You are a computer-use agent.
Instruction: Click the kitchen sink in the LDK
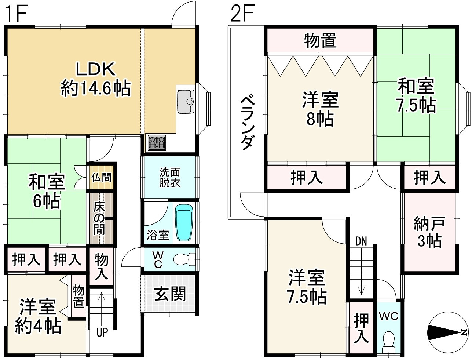pyautogui.click(x=186, y=101)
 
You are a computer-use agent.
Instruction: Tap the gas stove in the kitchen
pyautogui.click(x=157, y=142)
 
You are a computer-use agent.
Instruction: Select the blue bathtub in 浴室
pyautogui.click(x=184, y=222)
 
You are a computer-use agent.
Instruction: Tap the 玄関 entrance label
pyautogui.click(x=170, y=294)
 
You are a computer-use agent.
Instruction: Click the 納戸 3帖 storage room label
pyautogui.click(x=429, y=232)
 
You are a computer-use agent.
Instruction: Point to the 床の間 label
pyautogui.click(x=99, y=218)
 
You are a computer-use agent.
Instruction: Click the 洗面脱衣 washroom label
pyautogui.click(x=169, y=177)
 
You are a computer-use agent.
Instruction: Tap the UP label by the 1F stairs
pyautogui.click(x=102, y=332)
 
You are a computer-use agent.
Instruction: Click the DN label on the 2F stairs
pyautogui.click(x=361, y=241)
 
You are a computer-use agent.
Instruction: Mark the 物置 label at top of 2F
pyautogui.click(x=320, y=41)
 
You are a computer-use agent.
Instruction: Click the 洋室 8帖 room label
pyautogui.click(x=320, y=109)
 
